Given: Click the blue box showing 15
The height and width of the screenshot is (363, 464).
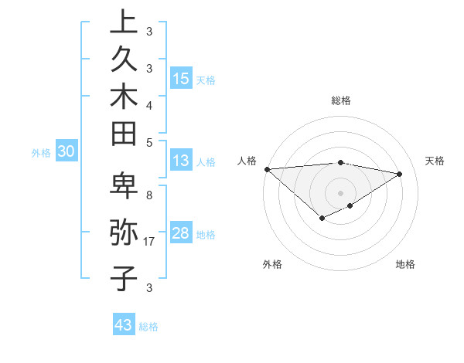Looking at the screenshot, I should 181,78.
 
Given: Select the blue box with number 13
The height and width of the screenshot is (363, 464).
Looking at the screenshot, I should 181,161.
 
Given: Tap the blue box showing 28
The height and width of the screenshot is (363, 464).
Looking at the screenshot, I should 181,233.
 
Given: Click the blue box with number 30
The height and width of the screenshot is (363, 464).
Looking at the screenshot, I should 66,152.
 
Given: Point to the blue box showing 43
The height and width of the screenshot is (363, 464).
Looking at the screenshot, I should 124,325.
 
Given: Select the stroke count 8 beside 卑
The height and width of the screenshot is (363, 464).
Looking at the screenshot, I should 149,195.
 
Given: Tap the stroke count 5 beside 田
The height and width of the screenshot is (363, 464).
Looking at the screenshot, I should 149,142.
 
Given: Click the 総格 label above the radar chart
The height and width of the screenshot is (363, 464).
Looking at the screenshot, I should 340,100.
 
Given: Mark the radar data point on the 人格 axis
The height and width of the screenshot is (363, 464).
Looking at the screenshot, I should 267,169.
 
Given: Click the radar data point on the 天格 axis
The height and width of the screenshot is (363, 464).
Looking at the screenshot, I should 400,174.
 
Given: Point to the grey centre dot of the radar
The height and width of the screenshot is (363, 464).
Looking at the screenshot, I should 340,192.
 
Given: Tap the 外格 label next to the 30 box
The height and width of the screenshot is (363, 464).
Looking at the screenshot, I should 41,153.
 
